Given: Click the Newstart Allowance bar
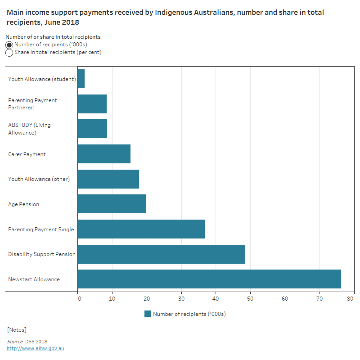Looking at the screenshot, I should pos(209,279).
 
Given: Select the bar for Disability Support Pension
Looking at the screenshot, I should pos(161,254).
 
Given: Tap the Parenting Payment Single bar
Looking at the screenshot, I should pos(141,229).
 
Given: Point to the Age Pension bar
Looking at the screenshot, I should pos(112,204).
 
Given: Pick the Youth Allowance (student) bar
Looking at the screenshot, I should pos(81,79).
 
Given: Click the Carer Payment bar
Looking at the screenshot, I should pos(104,154).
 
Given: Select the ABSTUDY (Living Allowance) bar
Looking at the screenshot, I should pos(92,129).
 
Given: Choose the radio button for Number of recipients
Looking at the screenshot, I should pos(9,45).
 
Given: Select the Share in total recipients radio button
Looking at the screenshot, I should pos(9,53).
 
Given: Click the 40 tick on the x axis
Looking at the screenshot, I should pos(216,297).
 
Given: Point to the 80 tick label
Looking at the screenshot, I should pos(354,297).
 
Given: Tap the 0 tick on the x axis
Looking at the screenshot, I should pos(79,297).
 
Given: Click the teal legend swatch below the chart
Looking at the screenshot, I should pos(148,314).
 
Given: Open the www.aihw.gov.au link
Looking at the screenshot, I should pos(35,348).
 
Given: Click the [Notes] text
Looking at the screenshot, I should pos(17,330).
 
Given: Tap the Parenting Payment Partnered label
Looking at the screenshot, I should pos(32,104).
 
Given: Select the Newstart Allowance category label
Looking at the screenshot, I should pos(34,279).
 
